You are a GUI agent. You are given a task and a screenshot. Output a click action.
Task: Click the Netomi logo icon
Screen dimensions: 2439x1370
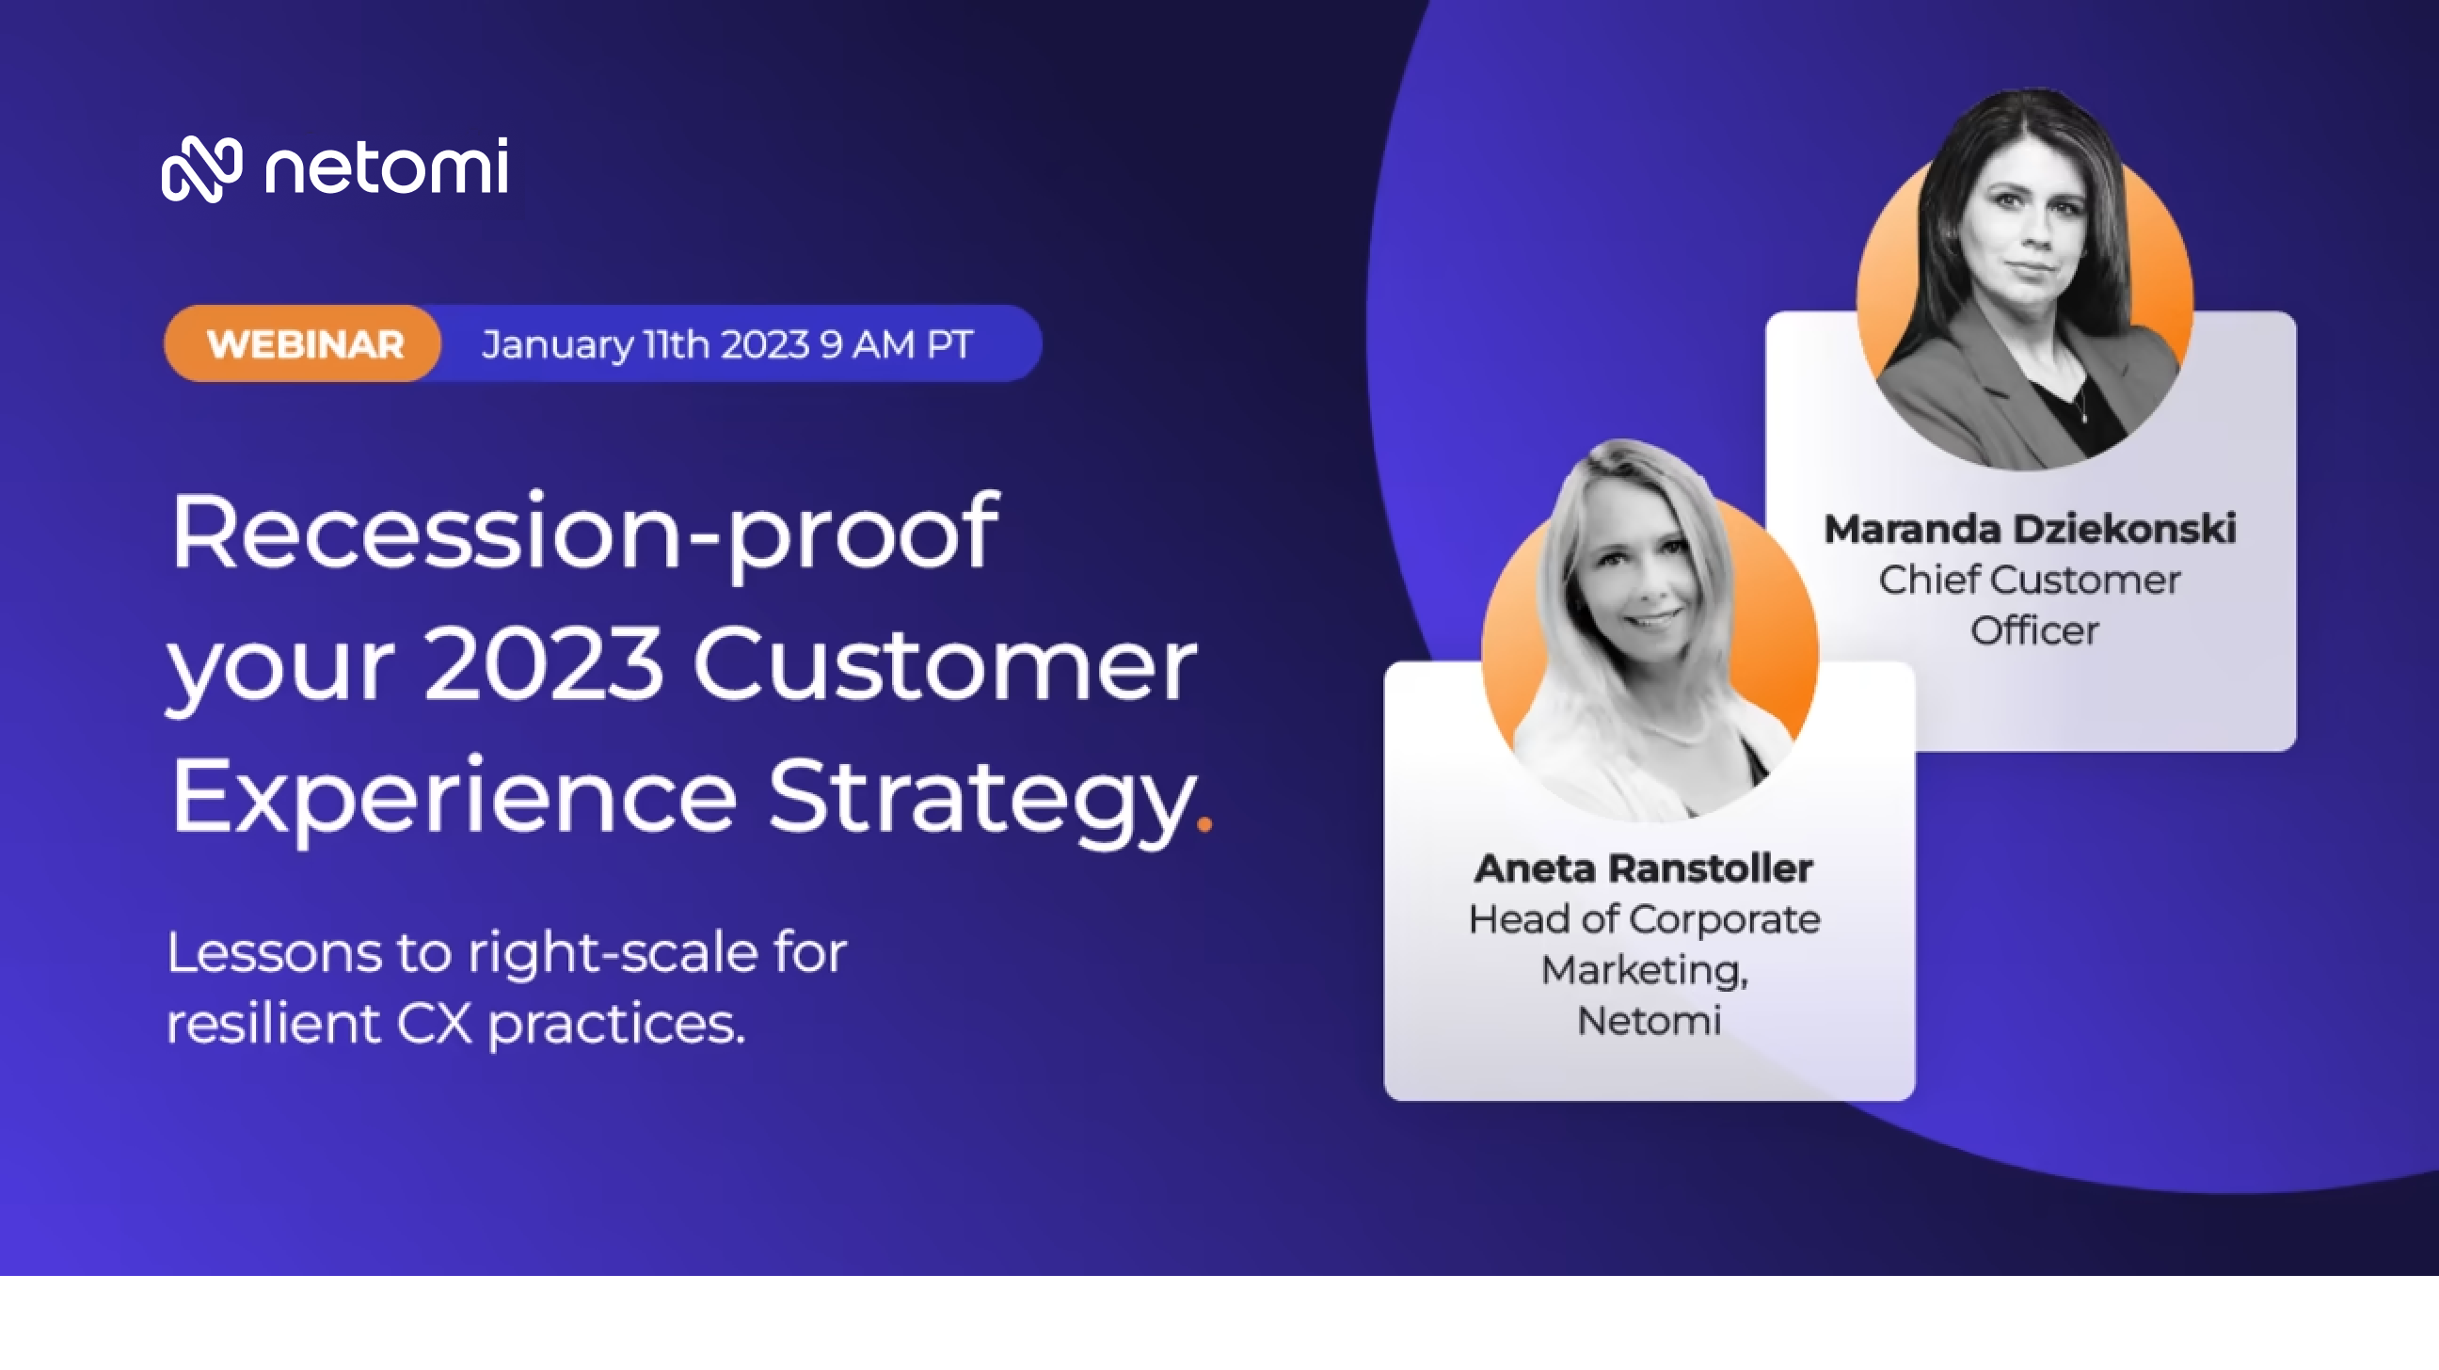pyautogui.click(x=201, y=168)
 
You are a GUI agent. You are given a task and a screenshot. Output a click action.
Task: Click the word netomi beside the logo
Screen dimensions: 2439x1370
pyautogui.click(x=387, y=167)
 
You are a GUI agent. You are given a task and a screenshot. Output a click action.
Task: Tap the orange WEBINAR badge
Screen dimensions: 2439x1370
pyautogui.click(x=303, y=343)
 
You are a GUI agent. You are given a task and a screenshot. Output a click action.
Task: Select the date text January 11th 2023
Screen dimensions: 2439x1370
pyautogui.click(x=645, y=344)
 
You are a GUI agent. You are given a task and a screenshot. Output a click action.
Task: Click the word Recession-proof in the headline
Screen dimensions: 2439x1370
pyautogui.click(x=584, y=535)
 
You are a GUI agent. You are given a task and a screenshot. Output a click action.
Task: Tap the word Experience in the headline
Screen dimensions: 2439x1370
pyautogui.click(x=454, y=798)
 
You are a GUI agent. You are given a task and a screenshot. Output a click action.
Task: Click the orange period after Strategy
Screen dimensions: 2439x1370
pyautogui.click(x=1204, y=823)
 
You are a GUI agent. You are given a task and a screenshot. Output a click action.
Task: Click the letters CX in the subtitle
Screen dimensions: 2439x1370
pyautogui.click(x=434, y=1024)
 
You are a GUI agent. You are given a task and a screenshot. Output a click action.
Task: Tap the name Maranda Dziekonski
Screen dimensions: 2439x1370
pyautogui.click(x=2030, y=529)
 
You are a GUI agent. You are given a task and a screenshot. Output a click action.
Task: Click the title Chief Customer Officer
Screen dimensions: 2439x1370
pyautogui.click(x=2031, y=605)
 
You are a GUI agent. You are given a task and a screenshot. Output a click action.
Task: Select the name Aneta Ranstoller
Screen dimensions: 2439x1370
pyautogui.click(x=1644, y=868)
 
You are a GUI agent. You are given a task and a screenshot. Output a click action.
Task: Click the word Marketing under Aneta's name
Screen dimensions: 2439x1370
pyautogui.click(x=1645, y=970)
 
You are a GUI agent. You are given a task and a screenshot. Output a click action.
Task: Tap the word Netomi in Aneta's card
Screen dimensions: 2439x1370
pyautogui.click(x=1649, y=1021)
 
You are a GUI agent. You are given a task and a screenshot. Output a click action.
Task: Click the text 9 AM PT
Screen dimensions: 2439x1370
pyautogui.click(x=897, y=344)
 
